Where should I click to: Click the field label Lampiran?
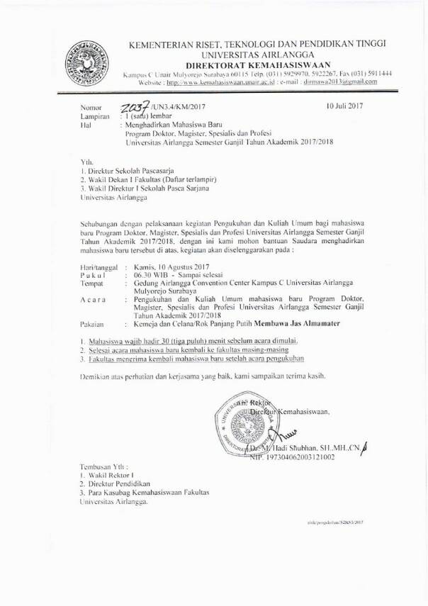95,115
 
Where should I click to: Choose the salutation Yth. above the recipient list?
86,162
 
